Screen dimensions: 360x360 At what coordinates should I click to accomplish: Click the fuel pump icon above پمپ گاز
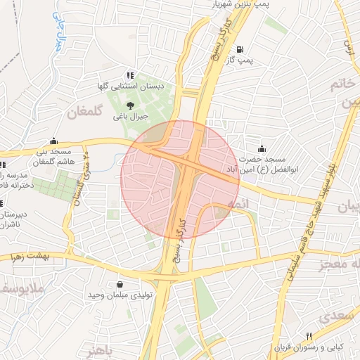pyautogui.click(x=241, y=50)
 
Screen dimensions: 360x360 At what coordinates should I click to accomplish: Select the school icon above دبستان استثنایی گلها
pyautogui.click(x=129, y=75)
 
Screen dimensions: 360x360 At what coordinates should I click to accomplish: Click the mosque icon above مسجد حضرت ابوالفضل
pyautogui.click(x=262, y=148)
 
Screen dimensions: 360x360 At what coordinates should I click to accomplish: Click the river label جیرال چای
pyautogui.click(x=60, y=34)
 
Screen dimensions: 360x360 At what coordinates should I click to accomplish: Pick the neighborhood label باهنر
pyautogui.click(x=96, y=349)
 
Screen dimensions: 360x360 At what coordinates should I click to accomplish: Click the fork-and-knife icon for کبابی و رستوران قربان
pyautogui.click(x=309, y=336)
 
